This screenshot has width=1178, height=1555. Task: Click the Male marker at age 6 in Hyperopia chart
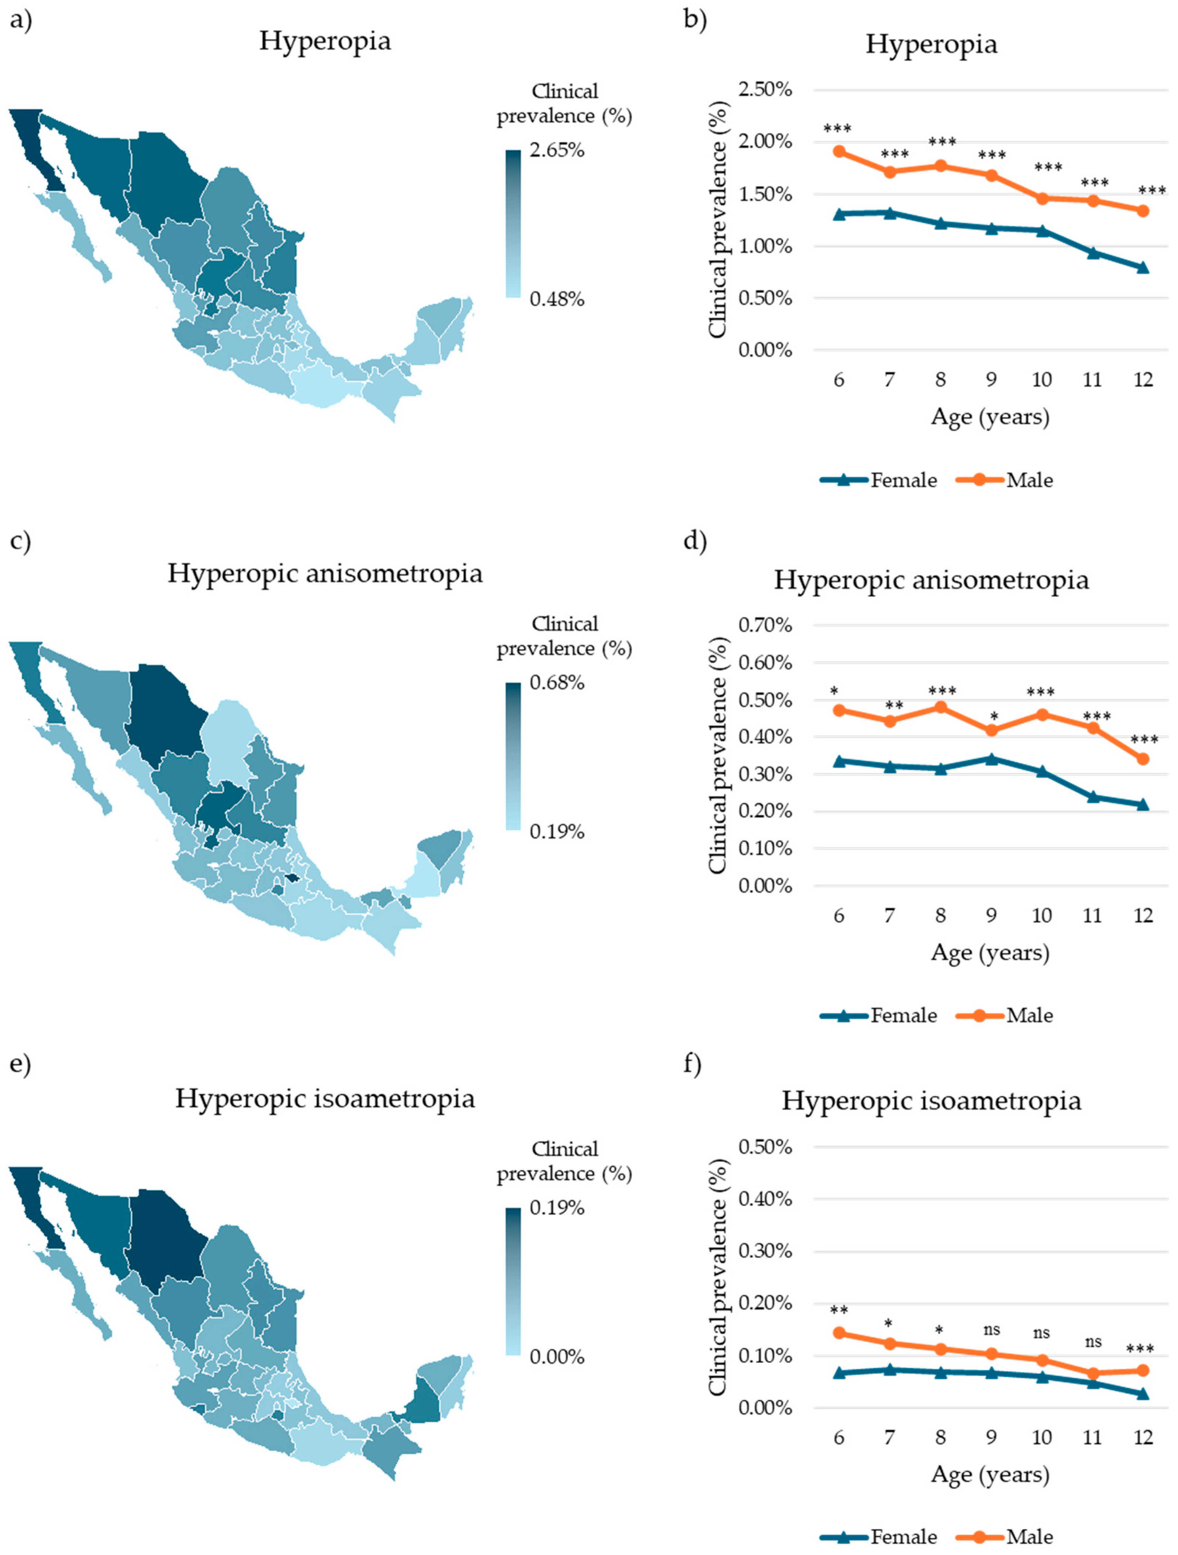coord(839,151)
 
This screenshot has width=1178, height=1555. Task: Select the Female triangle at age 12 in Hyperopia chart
coord(1143,267)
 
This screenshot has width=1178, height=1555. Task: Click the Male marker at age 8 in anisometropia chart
coord(940,707)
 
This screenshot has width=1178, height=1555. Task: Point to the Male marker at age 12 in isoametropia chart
coord(1143,1371)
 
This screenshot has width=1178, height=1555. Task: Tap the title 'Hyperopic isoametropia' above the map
coord(325,1098)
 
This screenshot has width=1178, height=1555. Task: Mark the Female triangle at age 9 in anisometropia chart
coord(991,759)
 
